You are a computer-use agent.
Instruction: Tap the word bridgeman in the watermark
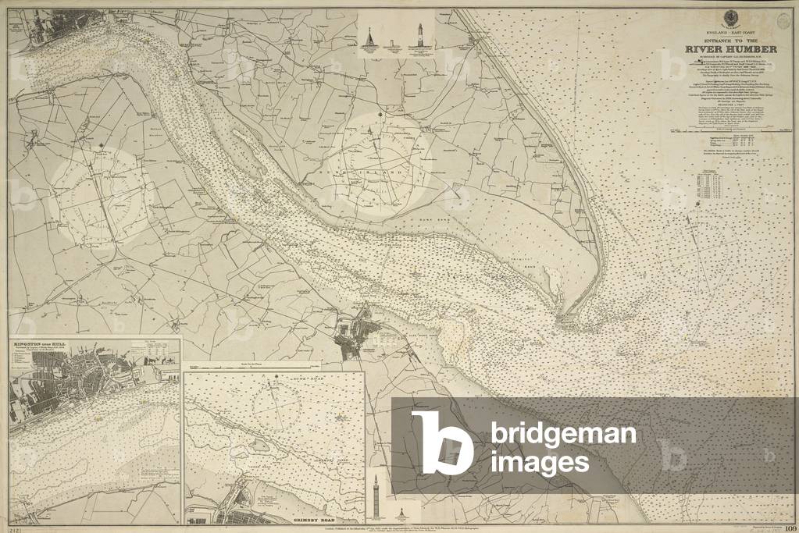[x=563, y=435]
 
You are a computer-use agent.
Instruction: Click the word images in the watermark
[x=540, y=464]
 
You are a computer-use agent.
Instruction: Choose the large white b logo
[x=441, y=442]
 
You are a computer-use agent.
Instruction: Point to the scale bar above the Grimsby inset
[x=266, y=365]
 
